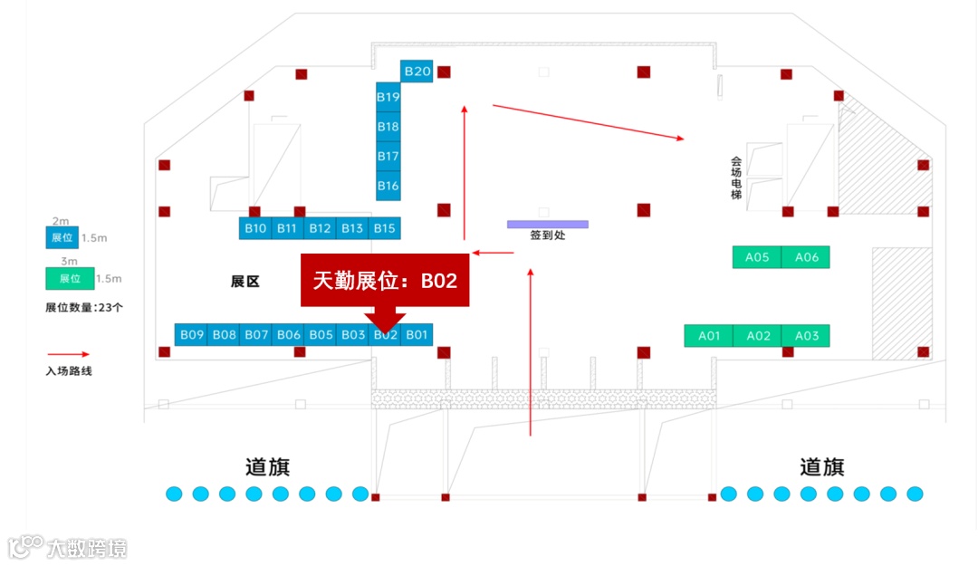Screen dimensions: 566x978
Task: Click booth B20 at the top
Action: (x=417, y=71)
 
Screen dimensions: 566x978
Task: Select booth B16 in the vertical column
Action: (x=388, y=186)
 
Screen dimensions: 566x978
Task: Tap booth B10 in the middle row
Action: (x=255, y=228)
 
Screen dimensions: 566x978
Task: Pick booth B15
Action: (x=384, y=228)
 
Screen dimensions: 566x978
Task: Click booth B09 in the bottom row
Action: (x=191, y=335)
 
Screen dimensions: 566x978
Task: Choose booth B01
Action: (x=417, y=335)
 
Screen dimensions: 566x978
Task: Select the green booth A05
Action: (x=757, y=257)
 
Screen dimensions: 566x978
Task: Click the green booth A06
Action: (x=806, y=257)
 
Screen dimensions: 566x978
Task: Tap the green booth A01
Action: (x=709, y=336)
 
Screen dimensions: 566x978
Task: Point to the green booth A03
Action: (x=806, y=336)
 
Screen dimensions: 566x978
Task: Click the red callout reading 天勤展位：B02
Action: (x=385, y=281)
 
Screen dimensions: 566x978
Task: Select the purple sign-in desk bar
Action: (x=547, y=224)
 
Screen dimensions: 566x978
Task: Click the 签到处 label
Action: (x=547, y=236)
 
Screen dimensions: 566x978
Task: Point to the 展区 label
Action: (x=244, y=282)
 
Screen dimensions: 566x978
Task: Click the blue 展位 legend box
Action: (x=62, y=238)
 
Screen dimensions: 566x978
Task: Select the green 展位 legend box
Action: (x=70, y=279)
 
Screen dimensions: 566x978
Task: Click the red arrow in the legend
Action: (x=68, y=355)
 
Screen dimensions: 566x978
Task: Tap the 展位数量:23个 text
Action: (x=84, y=307)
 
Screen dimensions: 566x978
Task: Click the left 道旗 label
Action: (x=267, y=466)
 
